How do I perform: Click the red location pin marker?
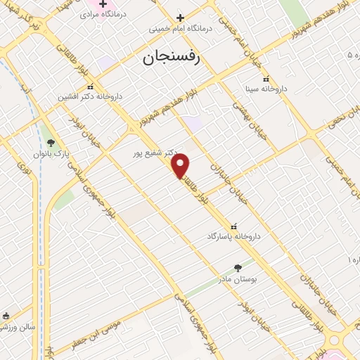point(181,165)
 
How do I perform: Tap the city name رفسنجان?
point(172,58)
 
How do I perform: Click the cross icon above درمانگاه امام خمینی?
point(180,18)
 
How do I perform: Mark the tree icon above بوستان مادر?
point(237,268)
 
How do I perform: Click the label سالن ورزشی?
point(17,327)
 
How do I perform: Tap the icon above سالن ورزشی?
point(6,316)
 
